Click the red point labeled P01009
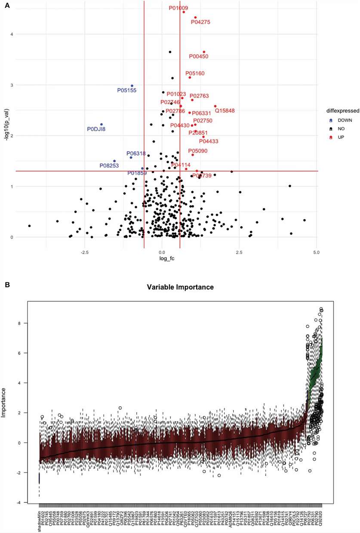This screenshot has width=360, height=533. coord(184,12)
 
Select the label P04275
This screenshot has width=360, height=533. coord(200,22)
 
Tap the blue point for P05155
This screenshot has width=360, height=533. coord(132,86)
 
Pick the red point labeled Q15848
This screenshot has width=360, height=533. coord(215,106)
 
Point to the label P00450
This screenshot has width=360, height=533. coord(199,56)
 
